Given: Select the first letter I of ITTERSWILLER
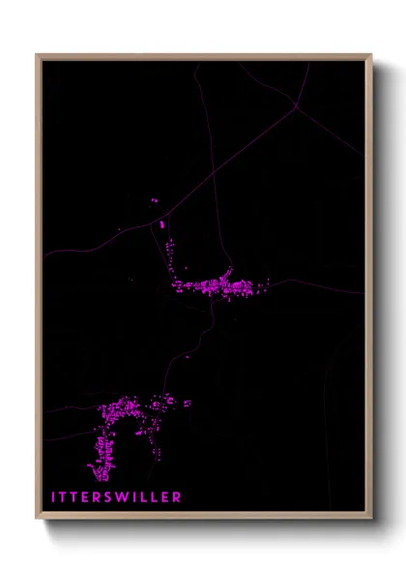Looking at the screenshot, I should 54,497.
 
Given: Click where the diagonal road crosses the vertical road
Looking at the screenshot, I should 205,183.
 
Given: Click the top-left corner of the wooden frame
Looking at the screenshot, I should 37,55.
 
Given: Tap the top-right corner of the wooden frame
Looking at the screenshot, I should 370,55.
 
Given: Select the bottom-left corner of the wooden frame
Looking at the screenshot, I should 37,521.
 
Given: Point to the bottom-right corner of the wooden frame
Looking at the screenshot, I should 370,521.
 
